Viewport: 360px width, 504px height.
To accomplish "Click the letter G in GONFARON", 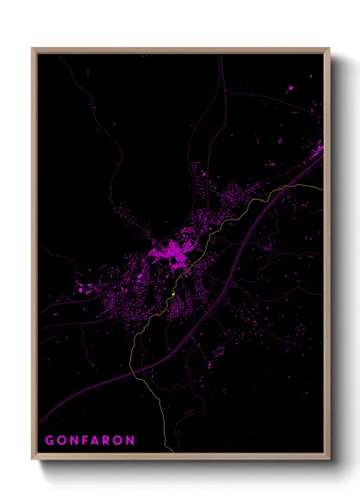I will [x=50, y=441].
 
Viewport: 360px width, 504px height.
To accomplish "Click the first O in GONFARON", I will [x=62, y=441].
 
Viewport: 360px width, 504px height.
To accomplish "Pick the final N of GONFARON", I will [x=130, y=441].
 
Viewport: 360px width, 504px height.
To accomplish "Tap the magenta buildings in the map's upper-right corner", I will [x=319, y=154].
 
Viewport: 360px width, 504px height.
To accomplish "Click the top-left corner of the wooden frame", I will [x=33, y=49].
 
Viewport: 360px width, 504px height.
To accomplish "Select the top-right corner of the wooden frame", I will [x=329, y=49].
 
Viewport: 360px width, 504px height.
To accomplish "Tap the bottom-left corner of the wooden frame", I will [x=33, y=461].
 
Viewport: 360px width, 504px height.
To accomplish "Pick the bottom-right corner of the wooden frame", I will [x=329, y=461].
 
